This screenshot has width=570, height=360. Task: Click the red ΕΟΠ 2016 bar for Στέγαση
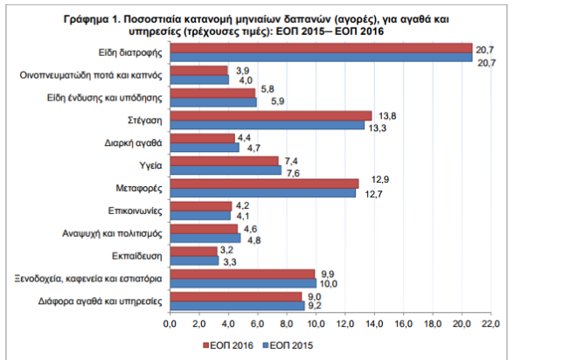pos(270,115)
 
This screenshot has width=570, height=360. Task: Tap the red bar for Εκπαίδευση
pos(193,251)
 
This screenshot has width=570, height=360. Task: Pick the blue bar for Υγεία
pos(226,170)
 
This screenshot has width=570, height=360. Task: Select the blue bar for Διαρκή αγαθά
pos(204,147)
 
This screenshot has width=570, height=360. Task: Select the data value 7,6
pos(294,172)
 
